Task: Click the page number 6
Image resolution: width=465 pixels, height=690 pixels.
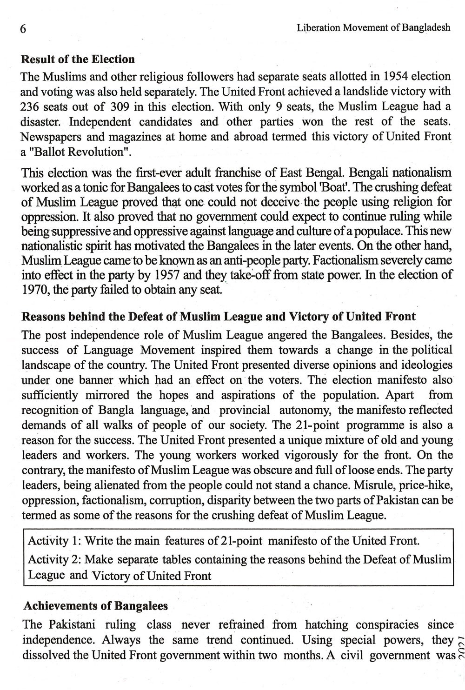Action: click(22, 28)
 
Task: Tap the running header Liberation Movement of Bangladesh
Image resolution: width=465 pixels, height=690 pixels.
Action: click(373, 27)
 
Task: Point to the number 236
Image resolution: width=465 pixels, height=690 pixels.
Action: click(31, 106)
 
